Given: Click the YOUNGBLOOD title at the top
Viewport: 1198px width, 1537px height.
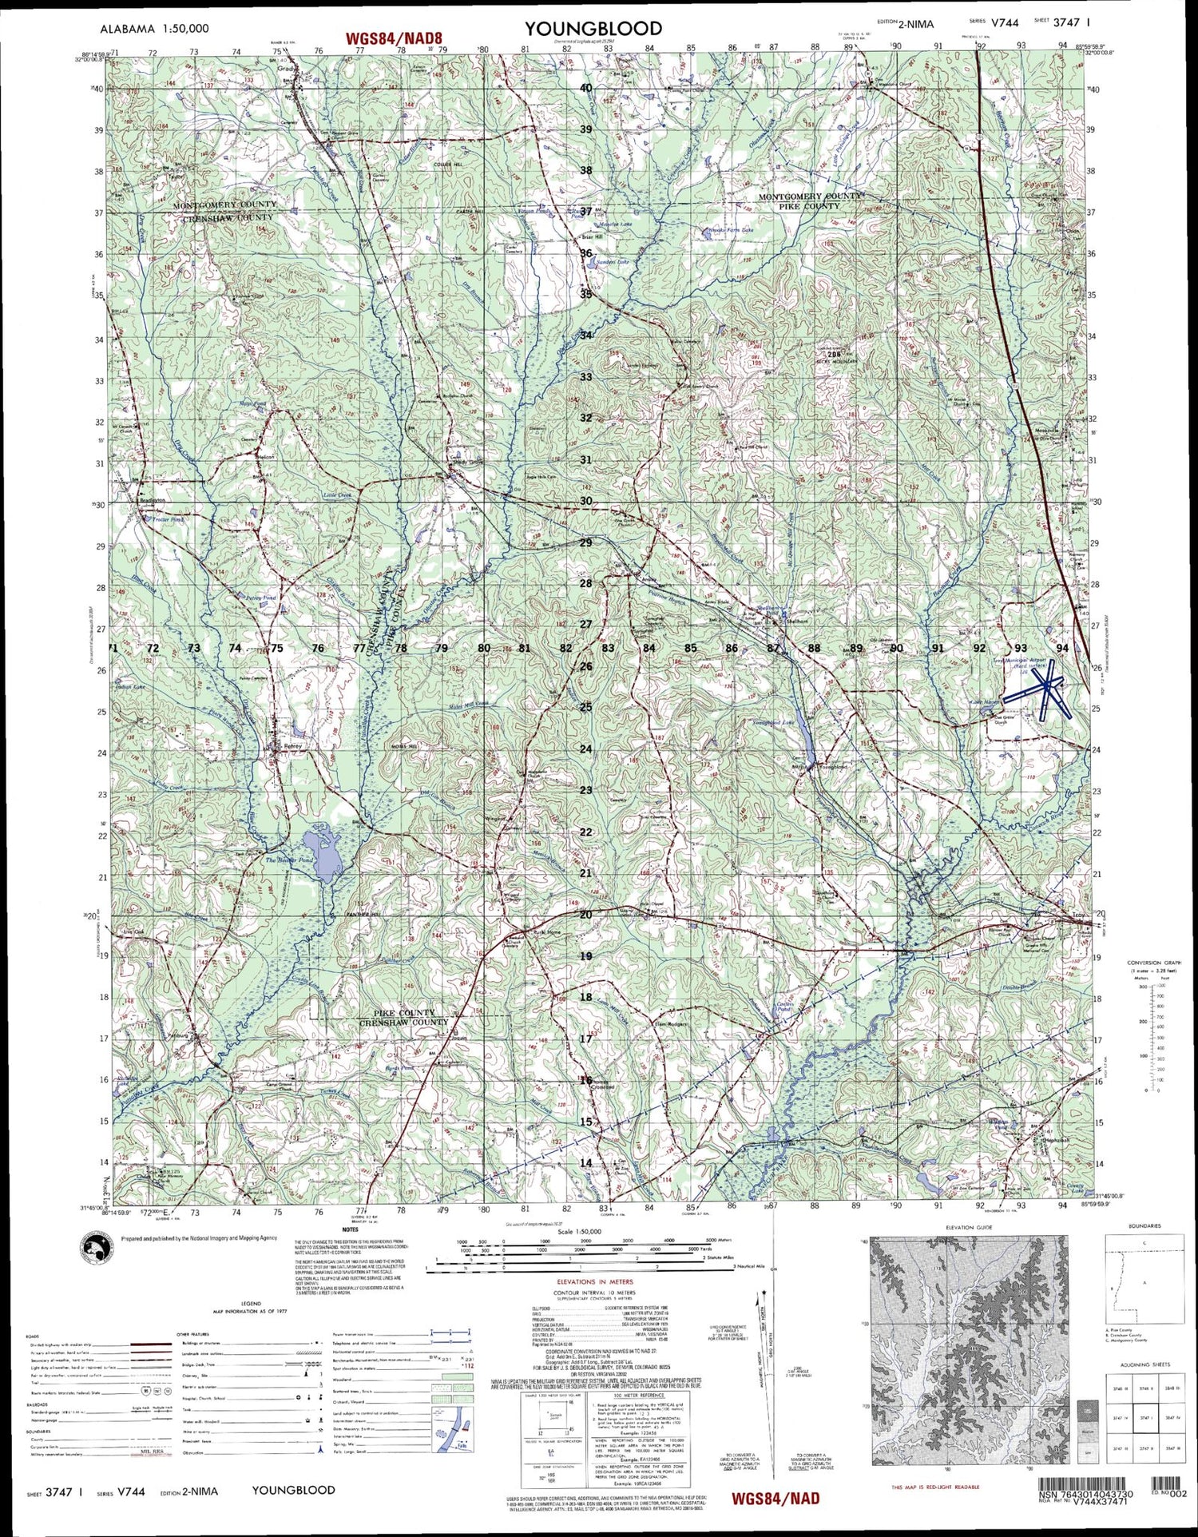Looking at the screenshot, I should (593, 30).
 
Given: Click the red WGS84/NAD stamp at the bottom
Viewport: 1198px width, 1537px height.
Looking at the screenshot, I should (776, 1499).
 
